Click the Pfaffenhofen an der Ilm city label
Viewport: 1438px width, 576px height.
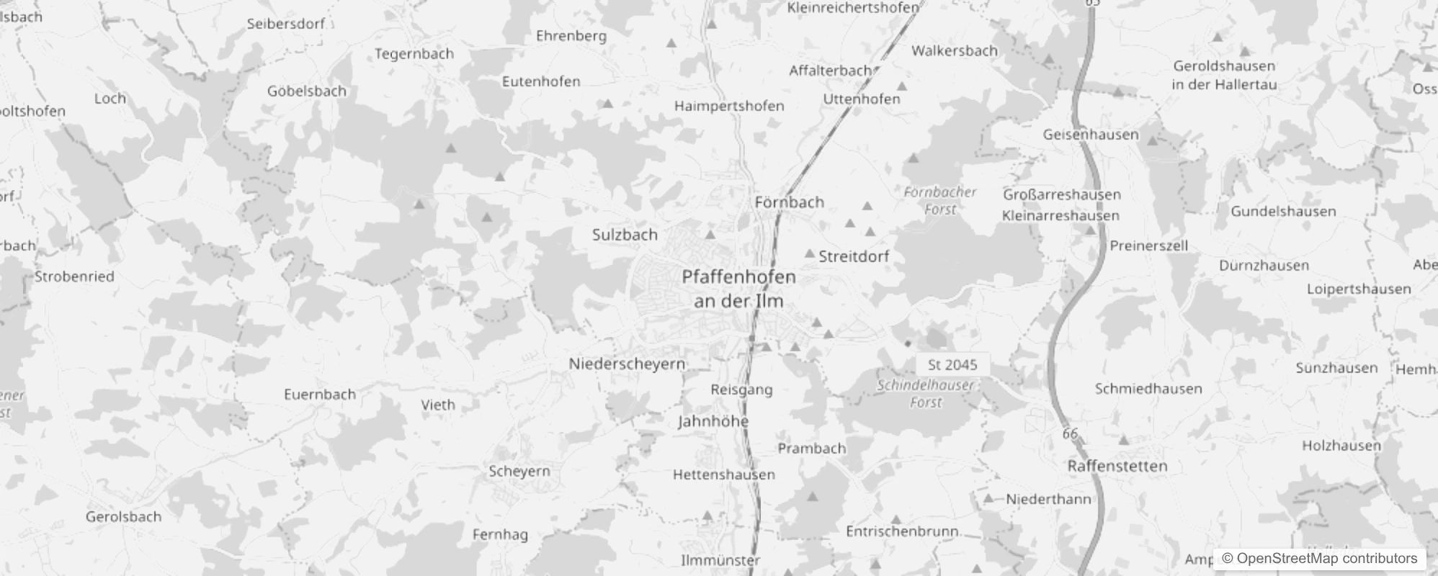tap(738, 288)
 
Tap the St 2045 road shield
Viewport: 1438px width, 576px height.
tap(952, 365)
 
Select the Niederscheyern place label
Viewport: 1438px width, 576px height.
tap(627, 364)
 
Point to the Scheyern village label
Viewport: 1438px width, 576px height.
tap(519, 472)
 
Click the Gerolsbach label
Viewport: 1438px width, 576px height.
tap(123, 517)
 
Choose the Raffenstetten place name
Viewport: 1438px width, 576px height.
tap(1117, 467)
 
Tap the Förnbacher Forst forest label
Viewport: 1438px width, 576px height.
tap(940, 201)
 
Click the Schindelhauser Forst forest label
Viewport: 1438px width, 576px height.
tap(926, 394)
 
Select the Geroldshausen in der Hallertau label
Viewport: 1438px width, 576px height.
tap(1224, 75)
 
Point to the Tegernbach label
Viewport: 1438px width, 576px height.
tap(414, 54)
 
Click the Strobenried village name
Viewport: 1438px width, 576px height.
tap(74, 276)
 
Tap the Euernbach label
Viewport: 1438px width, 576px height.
tap(320, 395)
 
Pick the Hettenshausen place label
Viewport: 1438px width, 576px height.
tap(724, 475)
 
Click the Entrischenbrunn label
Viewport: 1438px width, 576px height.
tap(902, 531)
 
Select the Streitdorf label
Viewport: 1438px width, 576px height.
tap(854, 256)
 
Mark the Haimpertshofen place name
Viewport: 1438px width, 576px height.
tap(729, 107)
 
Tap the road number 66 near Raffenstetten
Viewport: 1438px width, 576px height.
tap(1070, 433)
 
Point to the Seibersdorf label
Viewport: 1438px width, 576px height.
tap(286, 24)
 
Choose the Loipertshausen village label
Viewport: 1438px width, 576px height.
tap(1359, 289)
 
